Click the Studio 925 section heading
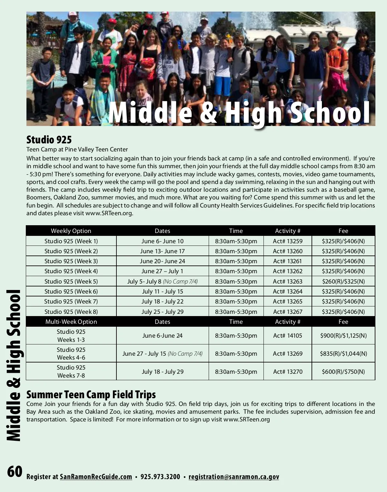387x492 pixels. coord(49,140)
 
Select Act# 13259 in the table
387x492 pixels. coord(288,241)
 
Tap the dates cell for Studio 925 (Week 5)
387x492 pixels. coord(162,281)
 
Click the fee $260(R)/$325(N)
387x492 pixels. coord(343,281)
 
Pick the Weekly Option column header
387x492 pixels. coord(71,231)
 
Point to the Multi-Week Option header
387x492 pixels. coord(71,322)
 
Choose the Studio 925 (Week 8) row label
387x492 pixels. coord(71,312)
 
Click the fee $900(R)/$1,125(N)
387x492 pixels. coord(343,335)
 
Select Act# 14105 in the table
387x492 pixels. coord(288,335)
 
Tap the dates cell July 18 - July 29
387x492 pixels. coord(163,371)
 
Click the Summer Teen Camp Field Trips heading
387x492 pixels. coord(91,394)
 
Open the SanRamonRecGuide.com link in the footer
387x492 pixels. coord(96,477)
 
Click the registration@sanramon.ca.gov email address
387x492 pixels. coord(234,477)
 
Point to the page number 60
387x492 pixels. coord(15,471)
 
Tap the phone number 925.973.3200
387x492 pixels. coord(160,477)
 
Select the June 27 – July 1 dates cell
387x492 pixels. coord(162,271)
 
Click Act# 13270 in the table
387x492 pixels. coord(288,371)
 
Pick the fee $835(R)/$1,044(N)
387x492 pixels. coord(343,353)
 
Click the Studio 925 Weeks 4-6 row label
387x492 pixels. coord(71,353)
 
